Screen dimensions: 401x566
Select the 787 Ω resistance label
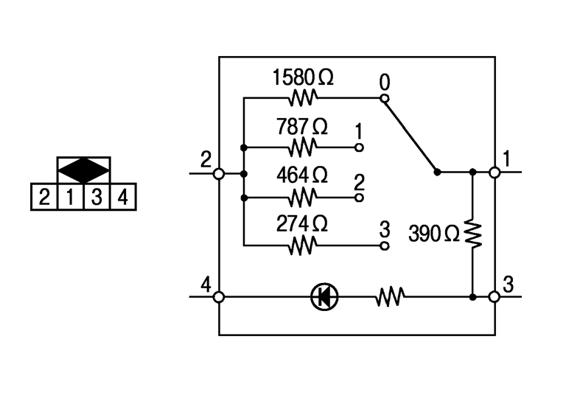point(302,126)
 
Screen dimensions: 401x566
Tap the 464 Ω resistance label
point(302,175)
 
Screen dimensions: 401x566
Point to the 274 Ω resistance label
point(302,223)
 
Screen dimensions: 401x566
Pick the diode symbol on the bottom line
point(324,297)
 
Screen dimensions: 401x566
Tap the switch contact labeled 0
point(384,97)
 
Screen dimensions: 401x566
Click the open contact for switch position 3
point(384,246)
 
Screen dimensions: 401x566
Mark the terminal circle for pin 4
point(219,297)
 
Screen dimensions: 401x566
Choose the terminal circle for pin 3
point(495,297)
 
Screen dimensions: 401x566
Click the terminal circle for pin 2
point(219,174)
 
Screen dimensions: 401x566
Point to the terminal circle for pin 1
point(495,172)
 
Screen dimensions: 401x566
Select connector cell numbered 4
point(123,198)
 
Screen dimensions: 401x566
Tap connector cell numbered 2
point(44,198)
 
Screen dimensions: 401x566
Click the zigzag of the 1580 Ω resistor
point(303,97)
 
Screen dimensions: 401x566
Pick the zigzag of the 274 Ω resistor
point(303,246)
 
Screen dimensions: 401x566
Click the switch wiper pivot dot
point(437,172)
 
